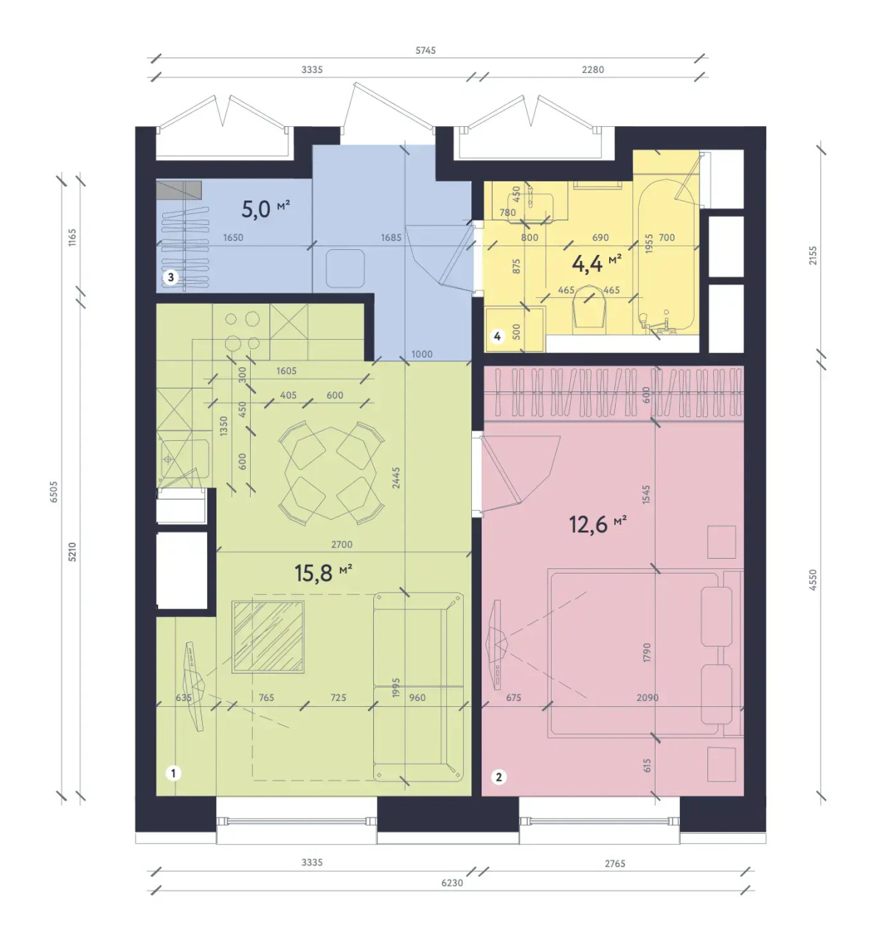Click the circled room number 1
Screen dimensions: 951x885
173,773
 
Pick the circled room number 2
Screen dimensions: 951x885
499,777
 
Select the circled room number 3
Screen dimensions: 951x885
171,277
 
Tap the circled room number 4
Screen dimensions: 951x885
497,336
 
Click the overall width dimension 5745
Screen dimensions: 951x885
426,50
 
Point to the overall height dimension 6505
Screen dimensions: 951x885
53,492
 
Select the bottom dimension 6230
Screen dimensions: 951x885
452,882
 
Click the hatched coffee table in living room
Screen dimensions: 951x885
268,636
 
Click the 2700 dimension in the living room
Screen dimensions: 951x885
341,544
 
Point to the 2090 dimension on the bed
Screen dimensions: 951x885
648,697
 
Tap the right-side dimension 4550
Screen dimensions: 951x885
813,579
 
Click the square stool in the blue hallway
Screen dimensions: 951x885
345,268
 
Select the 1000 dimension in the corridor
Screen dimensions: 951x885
422,354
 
